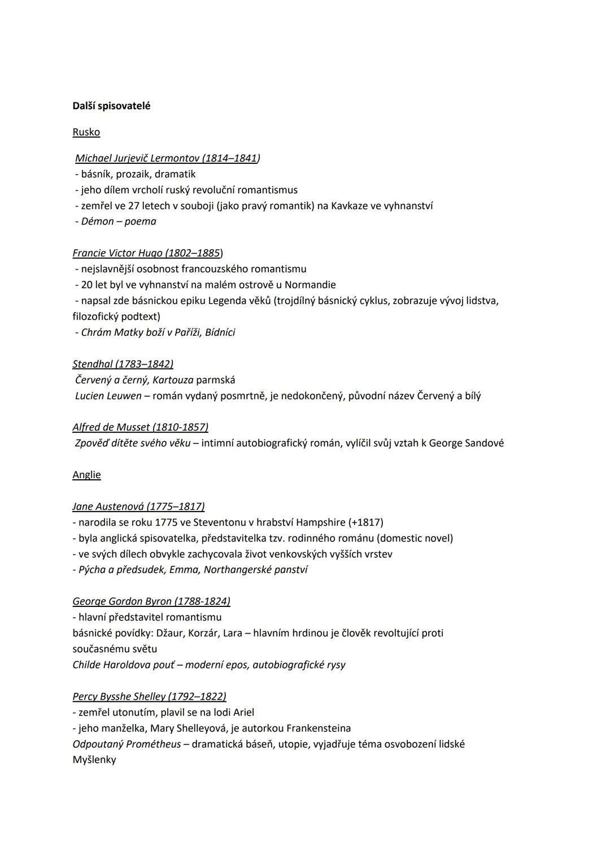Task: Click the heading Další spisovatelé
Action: [x=111, y=106]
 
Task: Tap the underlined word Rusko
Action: [x=86, y=132]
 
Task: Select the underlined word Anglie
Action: [x=86, y=475]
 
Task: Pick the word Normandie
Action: [x=310, y=285]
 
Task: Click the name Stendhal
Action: [x=93, y=364]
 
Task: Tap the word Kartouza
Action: [x=173, y=380]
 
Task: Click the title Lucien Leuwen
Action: [x=108, y=396]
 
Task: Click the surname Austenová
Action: [x=120, y=506]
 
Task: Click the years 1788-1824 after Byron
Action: [x=202, y=601]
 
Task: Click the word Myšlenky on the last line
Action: [x=94, y=760]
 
